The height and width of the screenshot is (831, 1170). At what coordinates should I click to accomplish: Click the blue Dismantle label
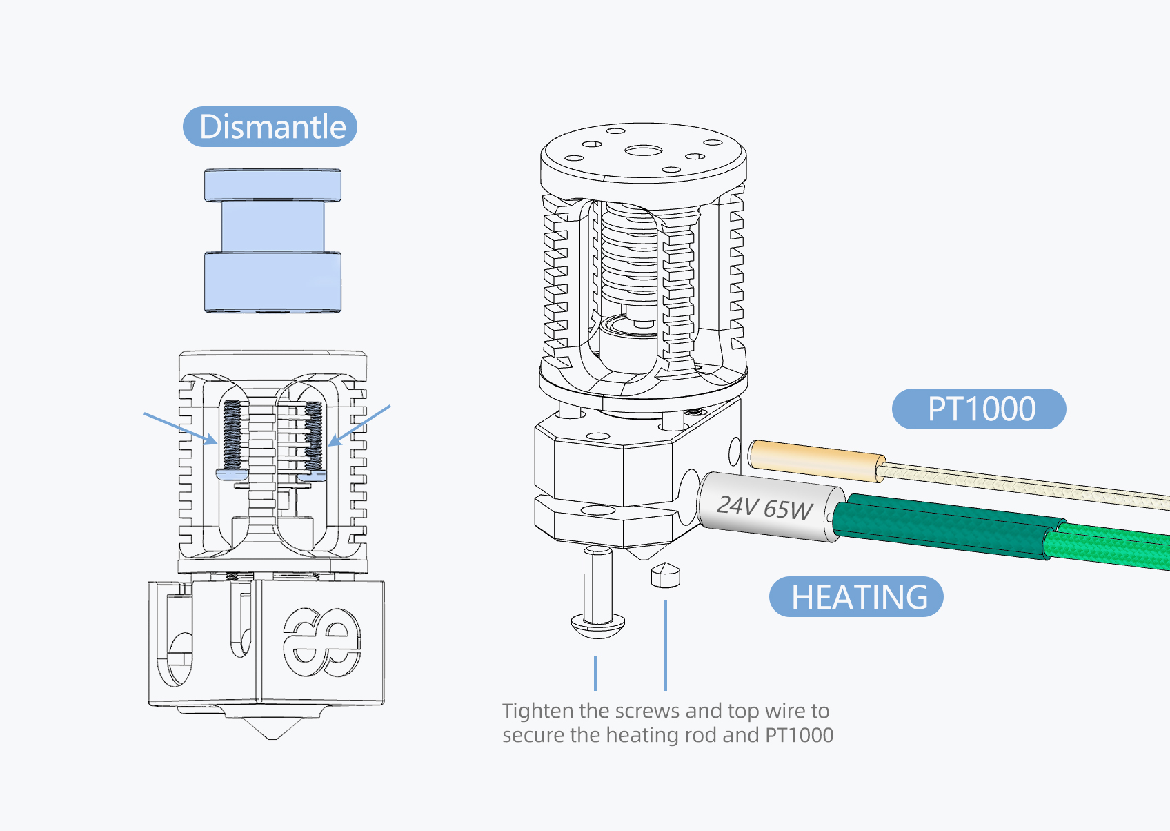270,127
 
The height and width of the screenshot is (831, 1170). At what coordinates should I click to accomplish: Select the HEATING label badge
855,597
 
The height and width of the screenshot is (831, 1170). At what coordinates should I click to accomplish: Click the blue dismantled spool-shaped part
272,240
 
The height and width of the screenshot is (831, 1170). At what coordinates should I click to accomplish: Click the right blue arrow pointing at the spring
360,424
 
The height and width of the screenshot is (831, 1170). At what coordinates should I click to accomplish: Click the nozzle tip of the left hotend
272,733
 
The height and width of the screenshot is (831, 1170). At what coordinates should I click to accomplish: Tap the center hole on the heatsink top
643,151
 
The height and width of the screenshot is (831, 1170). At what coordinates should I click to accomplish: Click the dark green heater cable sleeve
945,527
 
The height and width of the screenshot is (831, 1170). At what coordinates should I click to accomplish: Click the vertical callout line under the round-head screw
595,673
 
